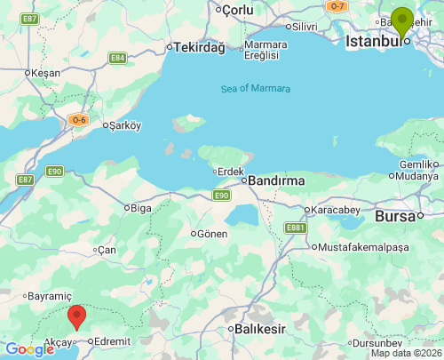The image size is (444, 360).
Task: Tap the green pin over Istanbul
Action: coord(402,21)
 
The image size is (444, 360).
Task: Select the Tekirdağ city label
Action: coord(200,47)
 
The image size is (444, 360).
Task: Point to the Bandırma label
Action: coord(275,180)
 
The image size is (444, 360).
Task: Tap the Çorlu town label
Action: coord(237,9)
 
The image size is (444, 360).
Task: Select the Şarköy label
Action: coord(123,125)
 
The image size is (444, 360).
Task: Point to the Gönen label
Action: coord(211,234)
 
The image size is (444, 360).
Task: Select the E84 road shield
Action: coord(117,58)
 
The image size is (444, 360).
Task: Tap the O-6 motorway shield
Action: coord(79,119)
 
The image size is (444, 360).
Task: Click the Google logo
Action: coord(30,349)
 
